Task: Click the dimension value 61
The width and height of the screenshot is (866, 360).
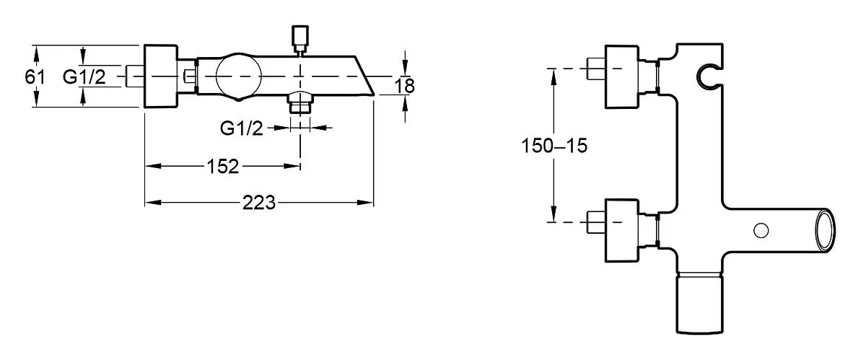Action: [35, 76]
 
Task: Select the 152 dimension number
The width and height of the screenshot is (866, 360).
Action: [223, 167]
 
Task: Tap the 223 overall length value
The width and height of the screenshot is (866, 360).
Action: [258, 203]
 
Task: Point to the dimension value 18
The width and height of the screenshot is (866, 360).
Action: [404, 86]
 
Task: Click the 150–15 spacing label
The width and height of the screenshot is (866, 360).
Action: [554, 146]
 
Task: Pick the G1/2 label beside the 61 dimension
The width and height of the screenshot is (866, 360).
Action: [84, 76]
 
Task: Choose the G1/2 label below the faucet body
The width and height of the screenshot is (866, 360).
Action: [241, 128]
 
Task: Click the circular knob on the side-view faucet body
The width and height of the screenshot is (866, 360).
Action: [239, 76]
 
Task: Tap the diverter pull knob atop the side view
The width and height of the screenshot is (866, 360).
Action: [300, 39]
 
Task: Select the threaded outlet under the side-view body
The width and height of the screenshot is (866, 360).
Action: [300, 102]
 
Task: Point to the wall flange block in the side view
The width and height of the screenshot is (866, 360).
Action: [161, 76]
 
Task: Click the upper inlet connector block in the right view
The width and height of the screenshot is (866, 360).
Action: [621, 77]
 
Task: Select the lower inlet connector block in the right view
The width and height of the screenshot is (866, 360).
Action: [621, 230]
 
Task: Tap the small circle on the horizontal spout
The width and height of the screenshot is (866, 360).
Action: [761, 231]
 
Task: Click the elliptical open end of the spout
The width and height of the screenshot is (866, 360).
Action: [825, 231]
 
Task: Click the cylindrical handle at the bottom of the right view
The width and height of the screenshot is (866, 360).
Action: [700, 302]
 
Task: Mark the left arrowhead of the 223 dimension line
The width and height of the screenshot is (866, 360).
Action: [153, 203]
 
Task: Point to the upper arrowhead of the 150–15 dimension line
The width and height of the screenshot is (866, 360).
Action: [554, 76]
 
